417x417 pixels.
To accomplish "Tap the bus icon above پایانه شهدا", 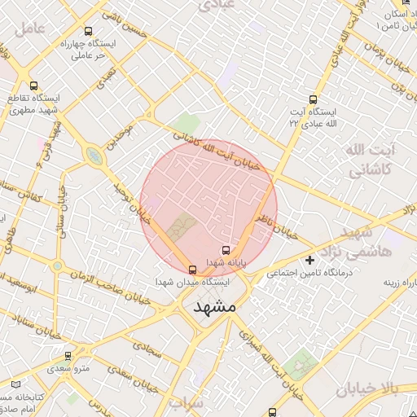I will (226, 251).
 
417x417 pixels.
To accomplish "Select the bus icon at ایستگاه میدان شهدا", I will (192, 269).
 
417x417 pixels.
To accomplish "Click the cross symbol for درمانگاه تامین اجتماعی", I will (309, 261).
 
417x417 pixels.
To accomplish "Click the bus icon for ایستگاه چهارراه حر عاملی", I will (89, 32).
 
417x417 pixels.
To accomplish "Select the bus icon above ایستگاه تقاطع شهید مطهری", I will (33, 85).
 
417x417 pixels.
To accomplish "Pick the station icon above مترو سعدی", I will (68, 356).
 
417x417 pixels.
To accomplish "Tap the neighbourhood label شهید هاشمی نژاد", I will (359, 243).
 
